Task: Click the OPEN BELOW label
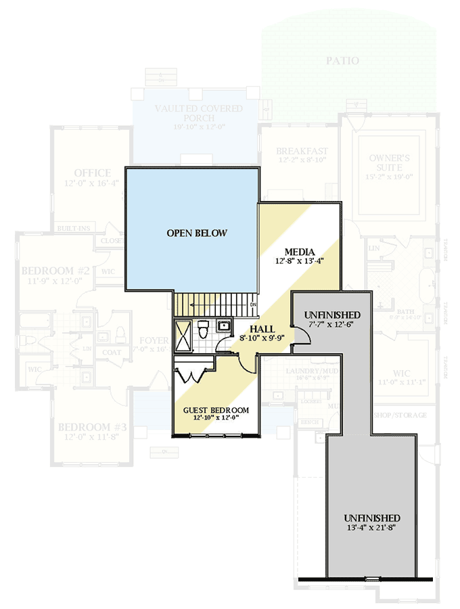pyautogui.click(x=197, y=233)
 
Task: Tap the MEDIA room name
pyautogui.click(x=298, y=250)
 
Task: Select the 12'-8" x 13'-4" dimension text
pyautogui.click(x=298, y=261)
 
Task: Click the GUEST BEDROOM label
pyautogui.click(x=216, y=410)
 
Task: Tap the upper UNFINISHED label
pyautogui.click(x=332, y=315)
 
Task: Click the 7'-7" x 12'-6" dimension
pyautogui.click(x=332, y=325)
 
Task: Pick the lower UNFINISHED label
pyautogui.click(x=371, y=518)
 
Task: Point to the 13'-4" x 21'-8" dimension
pyautogui.click(x=371, y=528)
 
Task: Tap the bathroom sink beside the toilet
pyautogui.click(x=224, y=326)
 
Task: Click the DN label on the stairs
pyautogui.click(x=253, y=305)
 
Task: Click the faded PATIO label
pyautogui.click(x=342, y=61)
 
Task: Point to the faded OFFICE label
pyautogui.click(x=93, y=173)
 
